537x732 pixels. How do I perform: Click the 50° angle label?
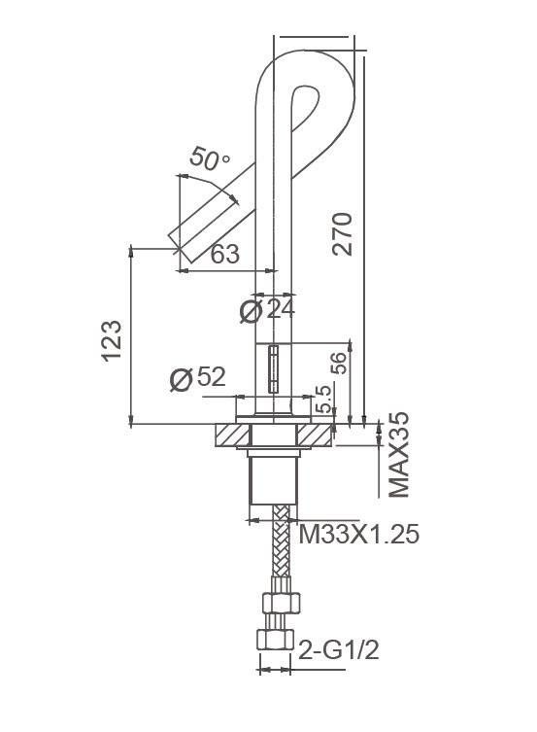pos(210,159)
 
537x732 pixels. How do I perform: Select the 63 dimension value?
pos(225,255)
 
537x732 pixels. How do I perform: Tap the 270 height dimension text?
pos(343,233)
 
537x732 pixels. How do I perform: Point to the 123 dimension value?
pos(114,340)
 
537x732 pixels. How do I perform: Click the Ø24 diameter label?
pos(266,310)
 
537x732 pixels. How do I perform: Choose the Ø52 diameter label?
pos(197,378)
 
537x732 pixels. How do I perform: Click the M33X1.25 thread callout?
pos(358,535)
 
